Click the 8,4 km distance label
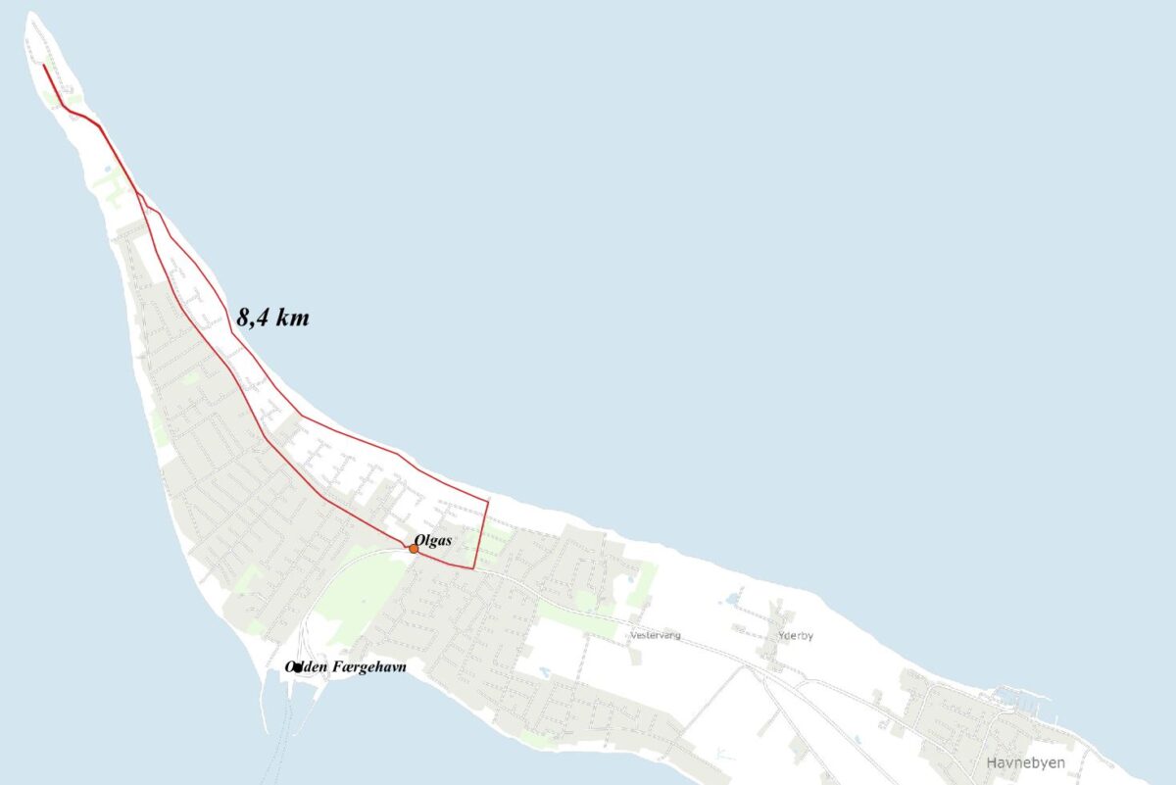point(272,318)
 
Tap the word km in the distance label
point(292,318)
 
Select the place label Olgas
point(432,539)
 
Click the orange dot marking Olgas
point(414,549)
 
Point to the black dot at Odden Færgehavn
point(297,668)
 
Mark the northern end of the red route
point(44,66)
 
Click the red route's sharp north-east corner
point(487,502)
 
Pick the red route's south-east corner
point(474,567)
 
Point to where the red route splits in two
point(138,192)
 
